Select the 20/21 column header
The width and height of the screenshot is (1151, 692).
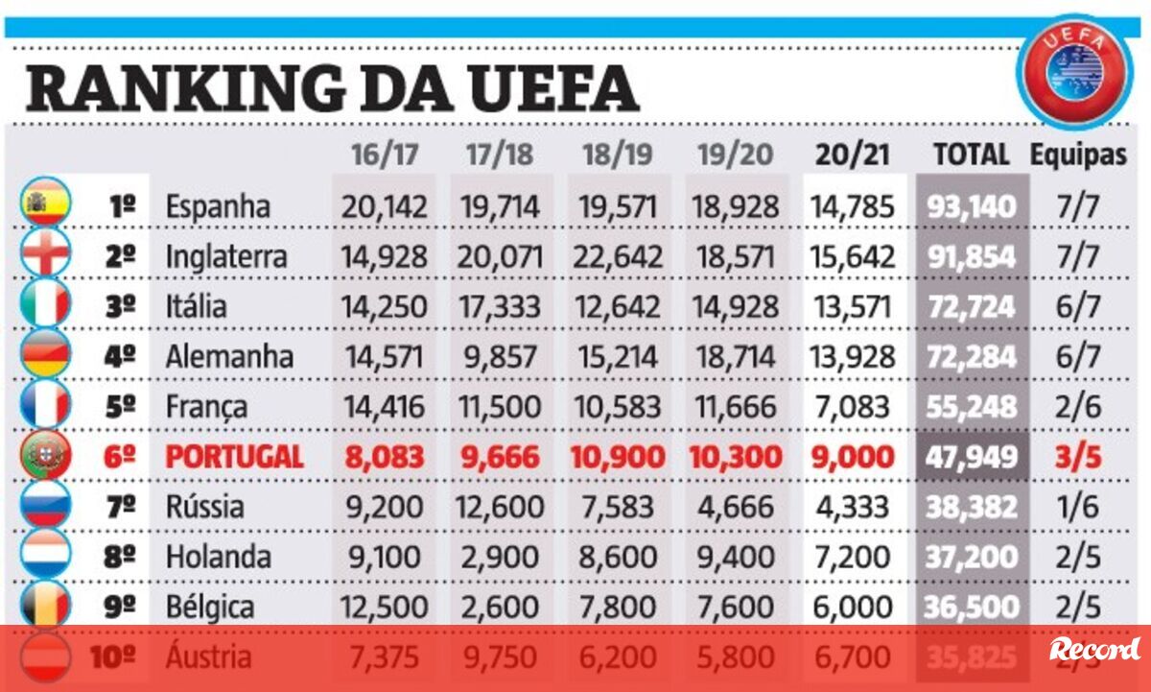tap(853, 155)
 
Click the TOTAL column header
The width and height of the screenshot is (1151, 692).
tap(971, 155)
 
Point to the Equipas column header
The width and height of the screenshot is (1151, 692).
tap(1078, 155)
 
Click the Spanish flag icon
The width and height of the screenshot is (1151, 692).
tap(45, 205)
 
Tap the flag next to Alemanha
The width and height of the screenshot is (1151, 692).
tap(45, 356)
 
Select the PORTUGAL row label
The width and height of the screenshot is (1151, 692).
tap(234, 456)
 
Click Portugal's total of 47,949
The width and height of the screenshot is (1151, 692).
tap(971, 456)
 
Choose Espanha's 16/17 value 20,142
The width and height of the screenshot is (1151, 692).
tap(383, 206)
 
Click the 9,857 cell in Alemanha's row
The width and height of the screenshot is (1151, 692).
tap(501, 356)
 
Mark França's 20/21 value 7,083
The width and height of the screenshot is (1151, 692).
tap(853, 406)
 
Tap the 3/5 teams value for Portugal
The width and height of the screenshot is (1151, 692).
tap(1078, 456)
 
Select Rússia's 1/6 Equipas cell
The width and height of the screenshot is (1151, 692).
tap(1078, 506)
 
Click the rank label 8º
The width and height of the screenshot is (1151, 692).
tap(120, 557)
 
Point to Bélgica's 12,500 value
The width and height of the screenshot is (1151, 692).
tap(383, 607)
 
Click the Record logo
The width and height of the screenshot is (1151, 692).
tap(1094, 649)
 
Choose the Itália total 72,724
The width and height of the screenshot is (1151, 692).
tap(971, 306)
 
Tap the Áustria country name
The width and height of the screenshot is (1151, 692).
tap(208, 656)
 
